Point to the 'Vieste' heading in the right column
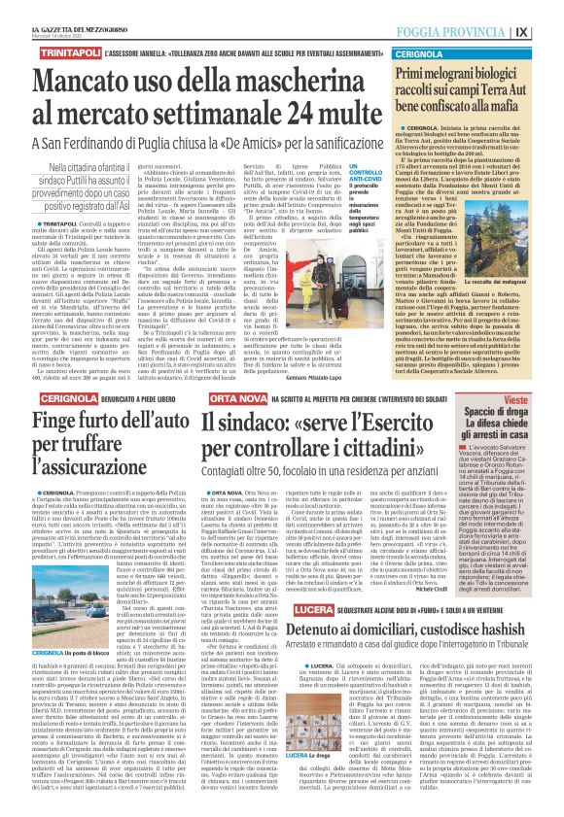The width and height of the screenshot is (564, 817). coord(526,373)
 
